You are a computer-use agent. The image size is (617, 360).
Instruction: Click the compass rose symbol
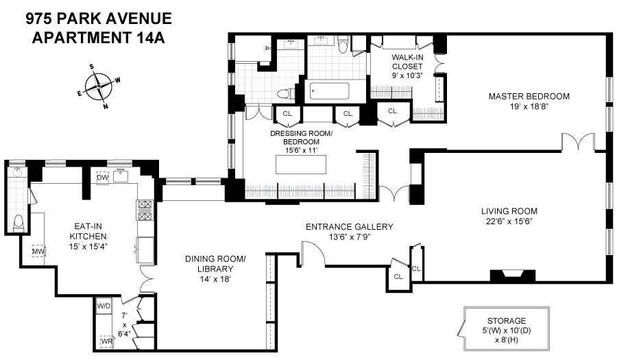pos(100,86)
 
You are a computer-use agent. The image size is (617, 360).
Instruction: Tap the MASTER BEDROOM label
pos(529,96)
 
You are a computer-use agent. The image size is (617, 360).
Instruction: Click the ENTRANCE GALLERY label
pos(349,227)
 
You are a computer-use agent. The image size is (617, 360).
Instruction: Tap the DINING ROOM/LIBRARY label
pos(215,264)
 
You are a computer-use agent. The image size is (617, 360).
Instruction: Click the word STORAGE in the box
pos(507,320)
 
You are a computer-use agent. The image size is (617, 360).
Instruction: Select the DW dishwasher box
pos(103,178)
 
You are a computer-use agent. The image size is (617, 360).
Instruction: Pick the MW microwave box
pos(38,252)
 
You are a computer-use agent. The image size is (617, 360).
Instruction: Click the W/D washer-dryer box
pos(104,306)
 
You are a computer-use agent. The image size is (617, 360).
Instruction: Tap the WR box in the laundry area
pos(106,340)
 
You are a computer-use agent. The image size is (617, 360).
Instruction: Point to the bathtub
pos(329,92)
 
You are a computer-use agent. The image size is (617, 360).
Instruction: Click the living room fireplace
pos(511,276)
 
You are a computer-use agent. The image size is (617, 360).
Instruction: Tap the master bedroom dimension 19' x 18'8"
pos(529,107)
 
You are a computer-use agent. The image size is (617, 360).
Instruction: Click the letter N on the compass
pos(105,106)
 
